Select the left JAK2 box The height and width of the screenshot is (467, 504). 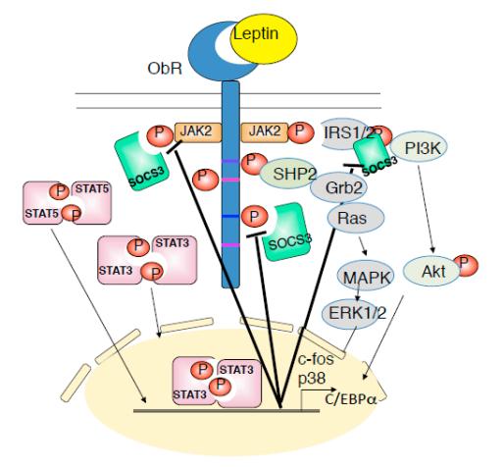197,129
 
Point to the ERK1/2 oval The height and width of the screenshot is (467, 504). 354,312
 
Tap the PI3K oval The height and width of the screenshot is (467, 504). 428,150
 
